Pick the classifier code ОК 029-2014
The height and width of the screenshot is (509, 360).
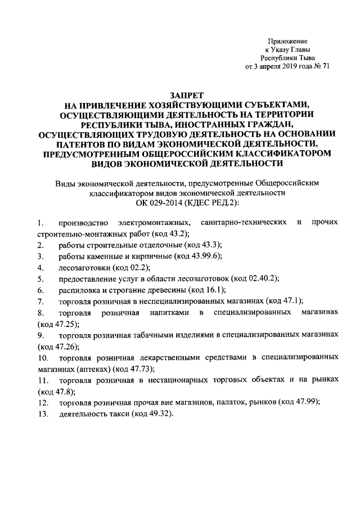pos(160,202)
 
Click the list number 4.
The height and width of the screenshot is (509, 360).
pos(41,267)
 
